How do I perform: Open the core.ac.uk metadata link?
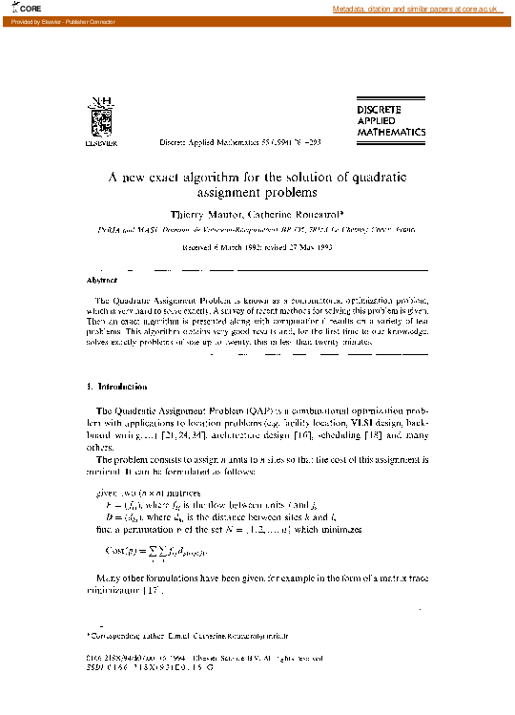416,9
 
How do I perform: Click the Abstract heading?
102,281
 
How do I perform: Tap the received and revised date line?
256,246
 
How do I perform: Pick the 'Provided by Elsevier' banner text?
58,20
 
